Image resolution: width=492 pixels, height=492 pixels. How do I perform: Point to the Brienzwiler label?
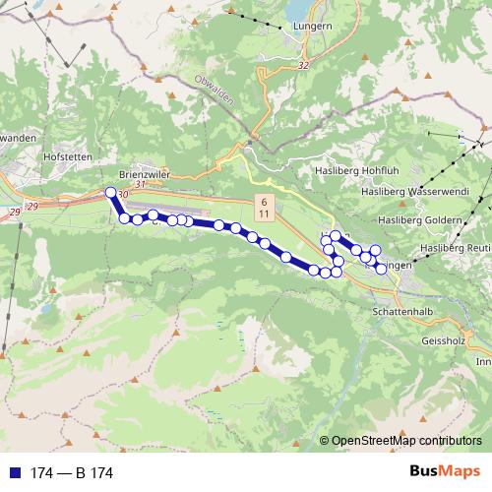(x=146, y=169)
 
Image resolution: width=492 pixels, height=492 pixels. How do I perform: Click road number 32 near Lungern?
(x=301, y=65)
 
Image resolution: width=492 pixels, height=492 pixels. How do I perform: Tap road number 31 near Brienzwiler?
(x=141, y=183)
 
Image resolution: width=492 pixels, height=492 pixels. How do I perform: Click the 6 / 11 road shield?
(x=264, y=207)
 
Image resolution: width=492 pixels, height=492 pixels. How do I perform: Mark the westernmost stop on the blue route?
(x=110, y=193)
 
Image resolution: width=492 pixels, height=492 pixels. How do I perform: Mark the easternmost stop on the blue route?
(x=381, y=268)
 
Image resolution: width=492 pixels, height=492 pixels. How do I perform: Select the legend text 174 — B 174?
(x=72, y=473)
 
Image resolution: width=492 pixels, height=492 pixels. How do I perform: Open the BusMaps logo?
(x=445, y=471)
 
